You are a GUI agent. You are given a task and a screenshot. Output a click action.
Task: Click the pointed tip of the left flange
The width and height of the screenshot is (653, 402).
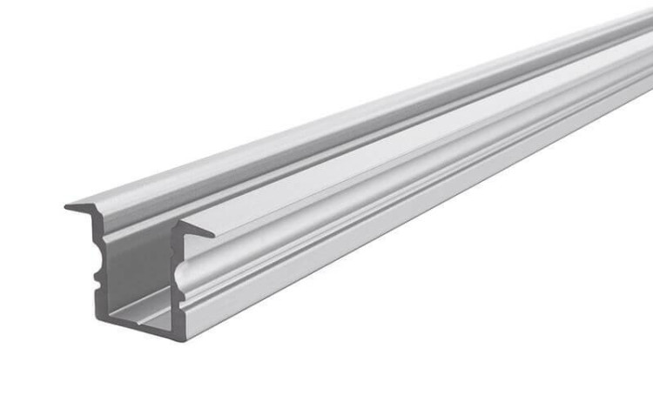tap(68, 207)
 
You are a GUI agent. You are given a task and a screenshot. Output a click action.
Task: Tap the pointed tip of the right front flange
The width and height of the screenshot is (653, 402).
tap(212, 233)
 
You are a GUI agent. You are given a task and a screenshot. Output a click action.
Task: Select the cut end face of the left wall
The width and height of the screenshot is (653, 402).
tap(99, 261)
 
